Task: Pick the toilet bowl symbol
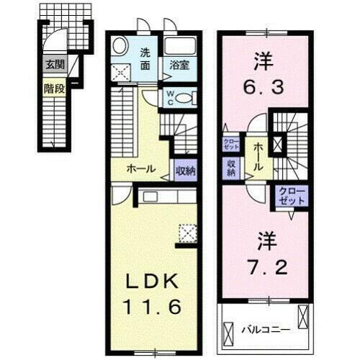[186, 98]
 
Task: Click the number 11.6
[153, 306]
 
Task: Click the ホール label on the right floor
[257, 156]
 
